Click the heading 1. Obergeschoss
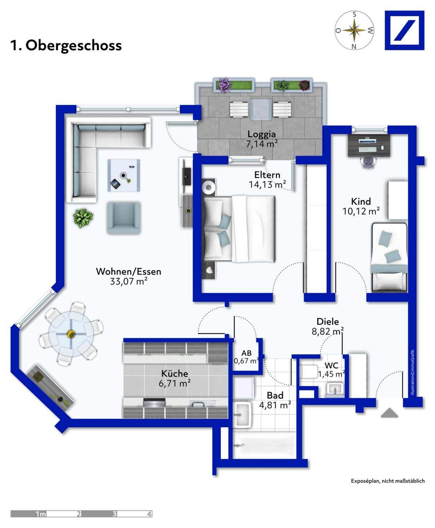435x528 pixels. coord(66,46)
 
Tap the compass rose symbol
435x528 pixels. coord(354,30)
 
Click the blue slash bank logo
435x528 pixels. coord(405,30)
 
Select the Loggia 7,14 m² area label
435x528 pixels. coord(262,139)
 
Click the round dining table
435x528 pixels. coord(71,334)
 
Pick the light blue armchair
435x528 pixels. coord(124,218)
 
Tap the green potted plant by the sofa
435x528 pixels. coord(83,218)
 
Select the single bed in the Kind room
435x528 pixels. coord(389,257)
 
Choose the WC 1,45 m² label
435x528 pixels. coord(332,370)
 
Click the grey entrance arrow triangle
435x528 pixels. coord(390,413)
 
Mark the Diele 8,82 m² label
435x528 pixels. coord(328,326)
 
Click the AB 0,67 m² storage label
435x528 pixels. coord(246,357)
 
